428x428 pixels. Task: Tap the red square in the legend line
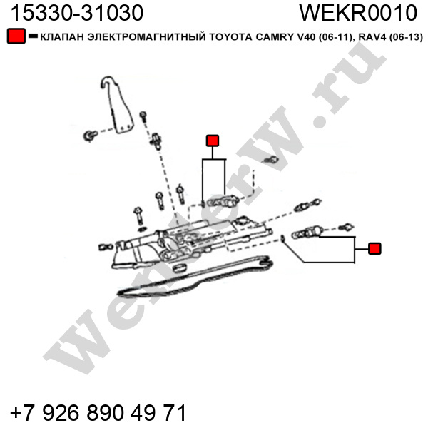[15, 36]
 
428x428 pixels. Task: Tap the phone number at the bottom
[98, 412]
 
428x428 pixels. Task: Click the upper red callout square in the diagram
[212, 141]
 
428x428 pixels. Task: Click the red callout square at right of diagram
[374, 248]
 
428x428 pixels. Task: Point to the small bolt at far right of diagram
[347, 227]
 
